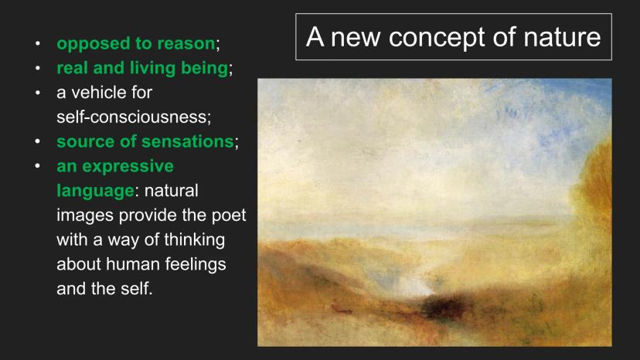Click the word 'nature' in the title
click(x=562, y=37)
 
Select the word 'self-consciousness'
click(x=133, y=117)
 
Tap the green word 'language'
click(x=95, y=191)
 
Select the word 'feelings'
click(x=196, y=264)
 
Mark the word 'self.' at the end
click(x=136, y=289)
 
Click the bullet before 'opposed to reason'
click(x=38, y=43)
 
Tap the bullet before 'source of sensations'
click(x=38, y=141)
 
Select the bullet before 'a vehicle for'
click(x=38, y=93)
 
